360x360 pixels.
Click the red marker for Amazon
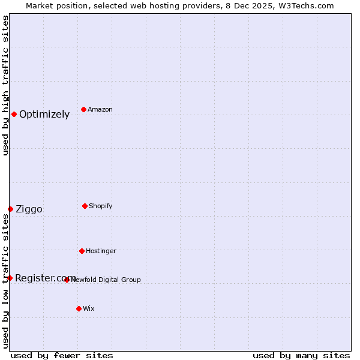tap(83, 109)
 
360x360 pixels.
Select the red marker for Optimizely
tap(14, 114)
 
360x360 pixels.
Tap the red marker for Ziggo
tap(10, 209)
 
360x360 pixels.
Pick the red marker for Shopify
tap(85, 206)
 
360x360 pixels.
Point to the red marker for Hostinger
tap(82, 251)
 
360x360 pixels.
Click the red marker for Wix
tap(79, 308)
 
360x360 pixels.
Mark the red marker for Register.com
tap(10, 278)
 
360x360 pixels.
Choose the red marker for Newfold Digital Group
tap(67, 280)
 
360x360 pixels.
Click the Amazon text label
tap(100, 109)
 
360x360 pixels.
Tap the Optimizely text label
tap(44, 115)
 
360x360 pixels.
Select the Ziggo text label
tap(29, 209)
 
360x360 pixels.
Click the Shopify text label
tap(101, 206)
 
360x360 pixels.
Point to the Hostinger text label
tap(101, 251)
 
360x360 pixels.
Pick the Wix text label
tap(89, 308)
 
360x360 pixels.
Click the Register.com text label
tap(46, 278)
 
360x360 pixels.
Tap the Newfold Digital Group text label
tap(106, 280)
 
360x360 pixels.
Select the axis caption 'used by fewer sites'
tap(62, 355)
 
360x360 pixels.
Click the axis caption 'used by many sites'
tap(301, 355)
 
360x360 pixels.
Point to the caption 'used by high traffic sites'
tap(5, 85)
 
